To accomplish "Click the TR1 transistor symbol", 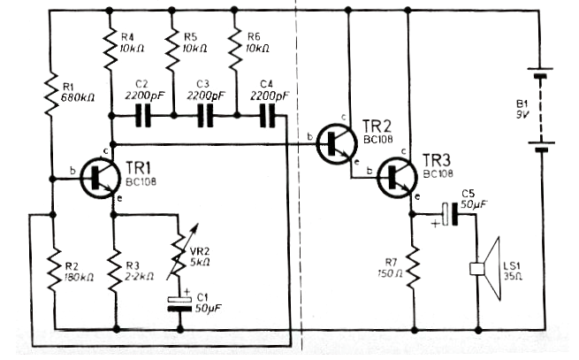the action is pyautogui.click(x=101, y=179).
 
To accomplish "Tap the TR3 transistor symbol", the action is pyautogui.click(x=397, y=178).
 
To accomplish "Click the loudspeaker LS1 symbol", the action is pyautogui.click(x=485, y=269).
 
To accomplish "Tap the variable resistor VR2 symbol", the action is pyautogui.click(x=181, y=255).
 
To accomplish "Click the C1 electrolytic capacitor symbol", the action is pyautogui.click(x=179, y=303).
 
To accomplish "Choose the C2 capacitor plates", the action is pyautogui.click(x=143, y=116).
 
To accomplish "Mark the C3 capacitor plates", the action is pyautogui.click(x=206, y=116).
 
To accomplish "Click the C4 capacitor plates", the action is pyautogui.click(x=267, y=116).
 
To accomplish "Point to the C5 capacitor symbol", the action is pyautogui.click(x=451, y=214).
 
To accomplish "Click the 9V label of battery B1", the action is pyautogui.click(x=522, y=115).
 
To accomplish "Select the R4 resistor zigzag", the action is pyautogui.click(x=110, y=50).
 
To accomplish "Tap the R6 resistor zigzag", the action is pyautogui.click(x=235, y=50).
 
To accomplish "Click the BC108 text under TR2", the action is pyautogui.click(x=378, y=139).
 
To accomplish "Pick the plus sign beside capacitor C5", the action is pyautogui.click(x=436, y=223).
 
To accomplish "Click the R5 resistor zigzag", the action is pyautogui.click(x=172, y=50).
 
